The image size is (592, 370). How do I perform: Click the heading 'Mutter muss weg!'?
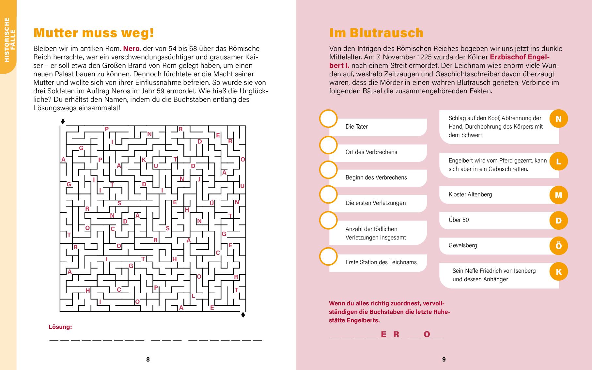pyautogui.click(x=94, y=33)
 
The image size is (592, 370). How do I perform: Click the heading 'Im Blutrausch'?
pyautogui.click(x=376, y=33)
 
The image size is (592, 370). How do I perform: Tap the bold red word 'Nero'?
pyautogui.click(x=131, y=49)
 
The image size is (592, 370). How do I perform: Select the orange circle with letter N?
pyautogui.click(x=558, y=119)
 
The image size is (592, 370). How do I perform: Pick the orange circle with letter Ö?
pyautogui.click(x=558, y=246)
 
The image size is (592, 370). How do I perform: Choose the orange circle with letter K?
pyautogui.click(x=558, y=271)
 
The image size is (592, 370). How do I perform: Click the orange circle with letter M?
pyautogui.click(x=558, y=195)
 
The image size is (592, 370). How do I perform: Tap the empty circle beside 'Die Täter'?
pyautogui.click(x=328, y=119)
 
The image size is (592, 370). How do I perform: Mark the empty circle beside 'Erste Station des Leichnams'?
pyautogui.click(x=328, y=256)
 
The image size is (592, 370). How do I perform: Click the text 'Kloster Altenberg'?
pyautogui.click(x=470, y=194)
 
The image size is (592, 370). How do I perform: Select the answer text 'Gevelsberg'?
pyautogui.click(x=462, y=245)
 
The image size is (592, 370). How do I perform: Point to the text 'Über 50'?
pyautogui.click(x=459, y=220)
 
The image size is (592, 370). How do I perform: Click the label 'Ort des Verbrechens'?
pyautogui.click(x=371, y=152)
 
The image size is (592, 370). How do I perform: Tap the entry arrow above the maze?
pyautogui.click(x=63, y=122)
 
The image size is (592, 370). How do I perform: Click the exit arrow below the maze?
pyautogui.click(x=243, y=315)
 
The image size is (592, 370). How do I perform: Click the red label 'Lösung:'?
pyautogui.click(x=60, y=327)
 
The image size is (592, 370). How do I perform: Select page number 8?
pyautogui.click(x=148, y=359)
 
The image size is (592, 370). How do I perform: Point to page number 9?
pyautogui.click(x=444, y=359)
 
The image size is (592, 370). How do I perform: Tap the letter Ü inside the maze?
pyautogui.click(x=211, y=203)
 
